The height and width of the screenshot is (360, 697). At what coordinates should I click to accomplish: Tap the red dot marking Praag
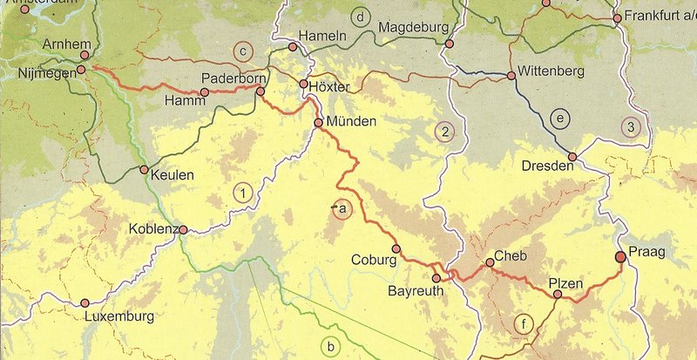point(620,256)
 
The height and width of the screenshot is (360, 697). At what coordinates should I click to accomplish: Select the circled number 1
point(245,193)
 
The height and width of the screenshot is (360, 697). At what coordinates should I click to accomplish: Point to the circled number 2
point(444,132)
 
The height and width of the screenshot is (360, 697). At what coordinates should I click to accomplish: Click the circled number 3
point(630,127)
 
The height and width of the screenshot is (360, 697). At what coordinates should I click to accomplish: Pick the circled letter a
point(342,208)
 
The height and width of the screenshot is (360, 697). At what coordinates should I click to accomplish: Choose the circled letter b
point(329,347)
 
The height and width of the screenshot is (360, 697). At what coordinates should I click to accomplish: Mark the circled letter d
point(359,17)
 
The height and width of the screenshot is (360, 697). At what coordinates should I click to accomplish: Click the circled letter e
point(560,118)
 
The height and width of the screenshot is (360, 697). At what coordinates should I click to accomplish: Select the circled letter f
point(522,324)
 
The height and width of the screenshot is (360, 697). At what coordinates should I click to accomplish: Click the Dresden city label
point(546,166)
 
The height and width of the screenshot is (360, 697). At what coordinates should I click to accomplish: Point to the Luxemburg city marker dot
point(85,302)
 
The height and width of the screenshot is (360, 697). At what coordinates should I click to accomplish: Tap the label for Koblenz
point(152,229)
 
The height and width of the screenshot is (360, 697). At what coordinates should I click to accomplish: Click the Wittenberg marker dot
point(511,77)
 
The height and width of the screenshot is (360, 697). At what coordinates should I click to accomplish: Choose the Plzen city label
point(566,281)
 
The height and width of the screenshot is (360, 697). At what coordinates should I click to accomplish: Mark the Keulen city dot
point(143,170)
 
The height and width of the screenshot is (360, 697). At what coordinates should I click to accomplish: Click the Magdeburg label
point(414,28)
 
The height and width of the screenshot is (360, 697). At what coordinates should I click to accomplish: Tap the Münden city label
point(352,122)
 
